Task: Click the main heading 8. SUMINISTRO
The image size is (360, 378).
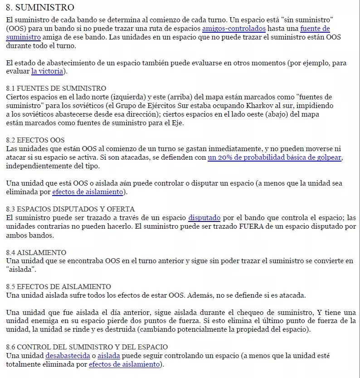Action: pos(40,7)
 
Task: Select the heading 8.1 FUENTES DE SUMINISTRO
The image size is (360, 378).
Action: pos(56,88)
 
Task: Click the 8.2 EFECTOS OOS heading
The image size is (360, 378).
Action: pos(35,140)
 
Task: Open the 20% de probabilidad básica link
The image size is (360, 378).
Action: pos(274,157)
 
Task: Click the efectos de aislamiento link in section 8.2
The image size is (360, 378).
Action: pos(88,192)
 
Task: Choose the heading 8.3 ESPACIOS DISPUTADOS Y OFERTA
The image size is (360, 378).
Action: pos(70,209)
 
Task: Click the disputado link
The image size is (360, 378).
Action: pos(204,218)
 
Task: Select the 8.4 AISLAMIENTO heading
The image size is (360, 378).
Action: pos(36,252)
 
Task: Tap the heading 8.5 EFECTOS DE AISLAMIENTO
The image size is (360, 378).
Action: pos(58,287)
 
